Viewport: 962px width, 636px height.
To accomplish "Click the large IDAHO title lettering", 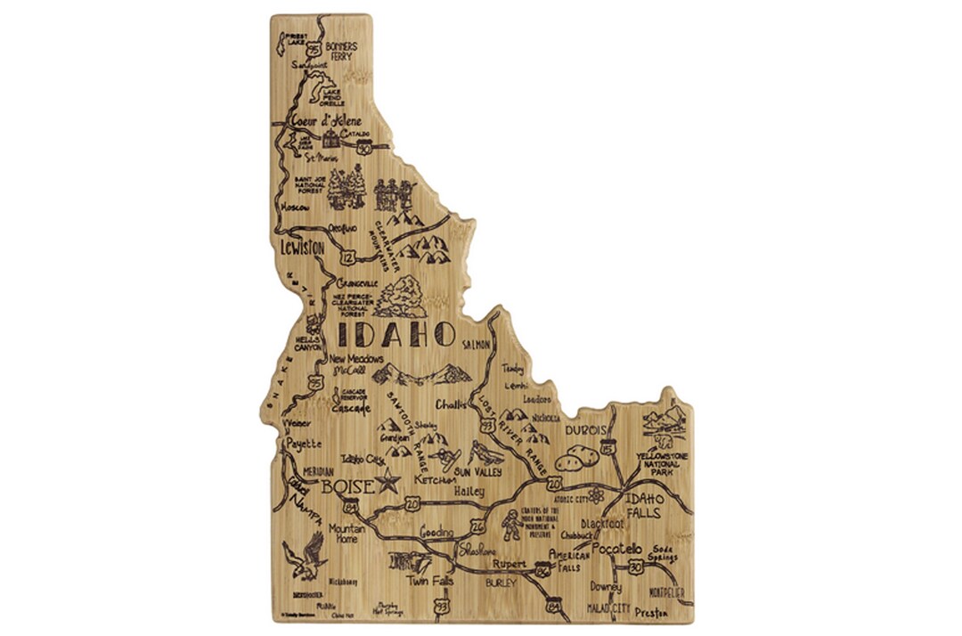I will click(x=396, y=336).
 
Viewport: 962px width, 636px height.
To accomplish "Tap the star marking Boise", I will click(x=387, y=484).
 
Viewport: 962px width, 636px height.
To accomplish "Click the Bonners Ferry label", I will click(x=341, y=51).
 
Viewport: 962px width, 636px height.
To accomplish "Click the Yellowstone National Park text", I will click(x=660, y=464).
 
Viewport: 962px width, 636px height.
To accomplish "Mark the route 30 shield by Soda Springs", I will click(x=635, y=566).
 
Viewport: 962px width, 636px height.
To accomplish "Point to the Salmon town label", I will click(x=477, y=344).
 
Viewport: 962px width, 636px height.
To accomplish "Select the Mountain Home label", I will click(x=346, y=534).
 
